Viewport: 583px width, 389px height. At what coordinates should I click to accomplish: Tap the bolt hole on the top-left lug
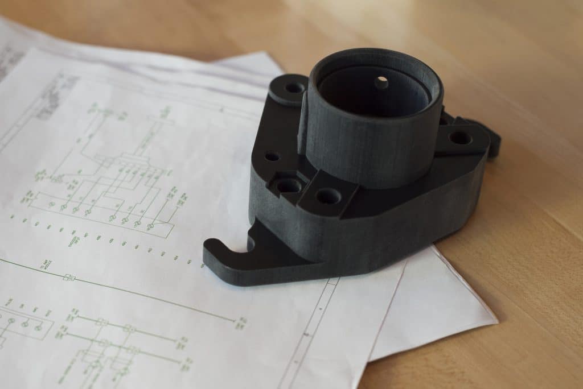pos(294,88)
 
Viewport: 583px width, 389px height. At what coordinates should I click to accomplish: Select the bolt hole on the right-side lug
pos(460,138)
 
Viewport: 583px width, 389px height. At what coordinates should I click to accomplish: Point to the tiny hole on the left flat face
pos(272,156)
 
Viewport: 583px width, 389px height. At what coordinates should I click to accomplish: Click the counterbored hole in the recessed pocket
pos(289,185)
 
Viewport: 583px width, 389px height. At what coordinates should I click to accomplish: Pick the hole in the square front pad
pos(329,197)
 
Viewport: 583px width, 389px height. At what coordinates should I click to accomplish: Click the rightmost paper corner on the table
pos(497,322)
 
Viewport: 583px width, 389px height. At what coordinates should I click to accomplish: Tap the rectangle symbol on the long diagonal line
pos(69,278)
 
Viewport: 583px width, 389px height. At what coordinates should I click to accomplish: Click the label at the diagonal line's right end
pos(241,322)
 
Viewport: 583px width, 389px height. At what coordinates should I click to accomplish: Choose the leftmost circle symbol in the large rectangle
pos(51,204)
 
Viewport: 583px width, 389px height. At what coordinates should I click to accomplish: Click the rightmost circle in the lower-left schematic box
pos(38,328)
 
